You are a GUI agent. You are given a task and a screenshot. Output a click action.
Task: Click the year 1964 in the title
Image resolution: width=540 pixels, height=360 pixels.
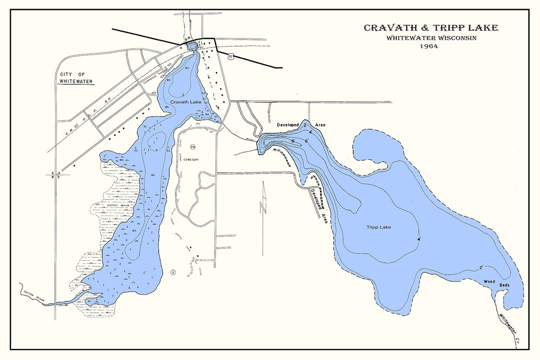tap(429, 46)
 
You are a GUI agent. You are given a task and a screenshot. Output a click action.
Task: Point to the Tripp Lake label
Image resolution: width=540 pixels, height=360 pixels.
tap(378, 227)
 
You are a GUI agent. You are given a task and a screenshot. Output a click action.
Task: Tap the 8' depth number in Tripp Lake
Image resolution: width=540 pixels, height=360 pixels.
tap(293, 142)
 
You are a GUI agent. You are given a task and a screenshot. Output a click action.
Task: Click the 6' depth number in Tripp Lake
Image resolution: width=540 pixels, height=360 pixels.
tap(305, 141)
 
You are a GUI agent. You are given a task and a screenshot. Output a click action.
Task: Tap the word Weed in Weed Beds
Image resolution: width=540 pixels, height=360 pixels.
tap(489, 281)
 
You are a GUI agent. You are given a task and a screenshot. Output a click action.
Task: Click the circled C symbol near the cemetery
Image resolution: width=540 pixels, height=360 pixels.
tap(172, 272)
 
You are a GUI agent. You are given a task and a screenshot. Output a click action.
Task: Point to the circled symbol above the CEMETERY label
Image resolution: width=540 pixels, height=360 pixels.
tap(192, 146)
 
